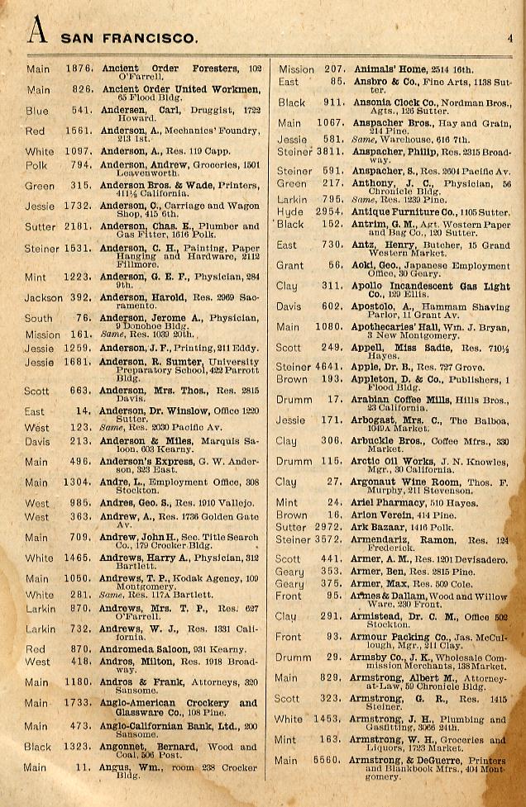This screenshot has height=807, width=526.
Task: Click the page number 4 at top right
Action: tap(510, 36)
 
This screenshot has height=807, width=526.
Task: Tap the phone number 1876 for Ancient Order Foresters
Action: tap(79, 69)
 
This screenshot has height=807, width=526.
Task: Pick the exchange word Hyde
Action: tap(289, 212)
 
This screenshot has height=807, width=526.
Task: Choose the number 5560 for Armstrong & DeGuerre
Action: tap(328, 761)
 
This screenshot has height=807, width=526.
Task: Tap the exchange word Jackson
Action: tap(43, 297)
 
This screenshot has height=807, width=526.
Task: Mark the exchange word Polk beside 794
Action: tap(37, 164)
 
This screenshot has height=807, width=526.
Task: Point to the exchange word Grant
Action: tap(289, 265)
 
